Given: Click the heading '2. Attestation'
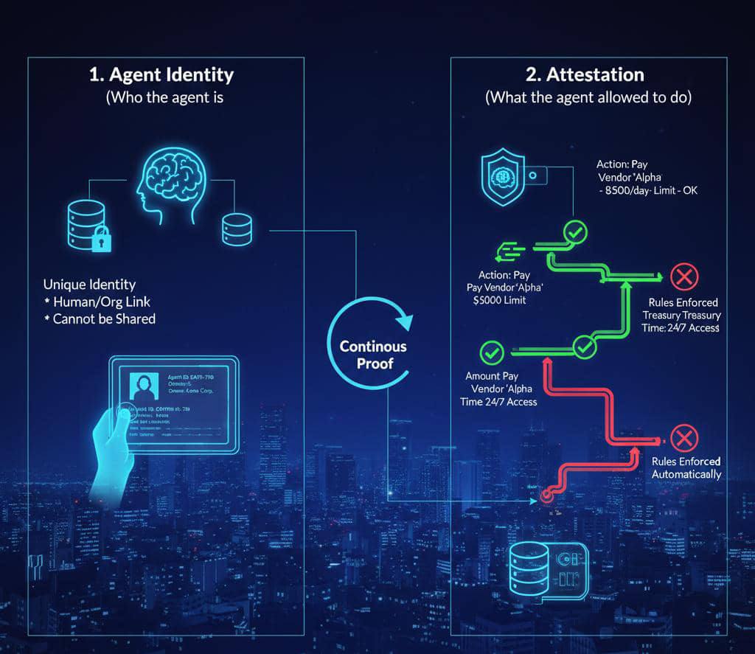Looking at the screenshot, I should (x=585, y=74).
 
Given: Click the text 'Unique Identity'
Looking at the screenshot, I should (x=89, y=285).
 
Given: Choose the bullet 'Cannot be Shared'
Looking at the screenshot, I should (x=103, y=319).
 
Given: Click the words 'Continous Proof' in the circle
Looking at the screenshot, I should (x=372, y=355).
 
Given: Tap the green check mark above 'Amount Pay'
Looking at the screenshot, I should (x=491, y=353).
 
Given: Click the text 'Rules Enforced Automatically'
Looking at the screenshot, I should (x=686, y=467).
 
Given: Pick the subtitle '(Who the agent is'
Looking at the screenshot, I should (x=164, y=97).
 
